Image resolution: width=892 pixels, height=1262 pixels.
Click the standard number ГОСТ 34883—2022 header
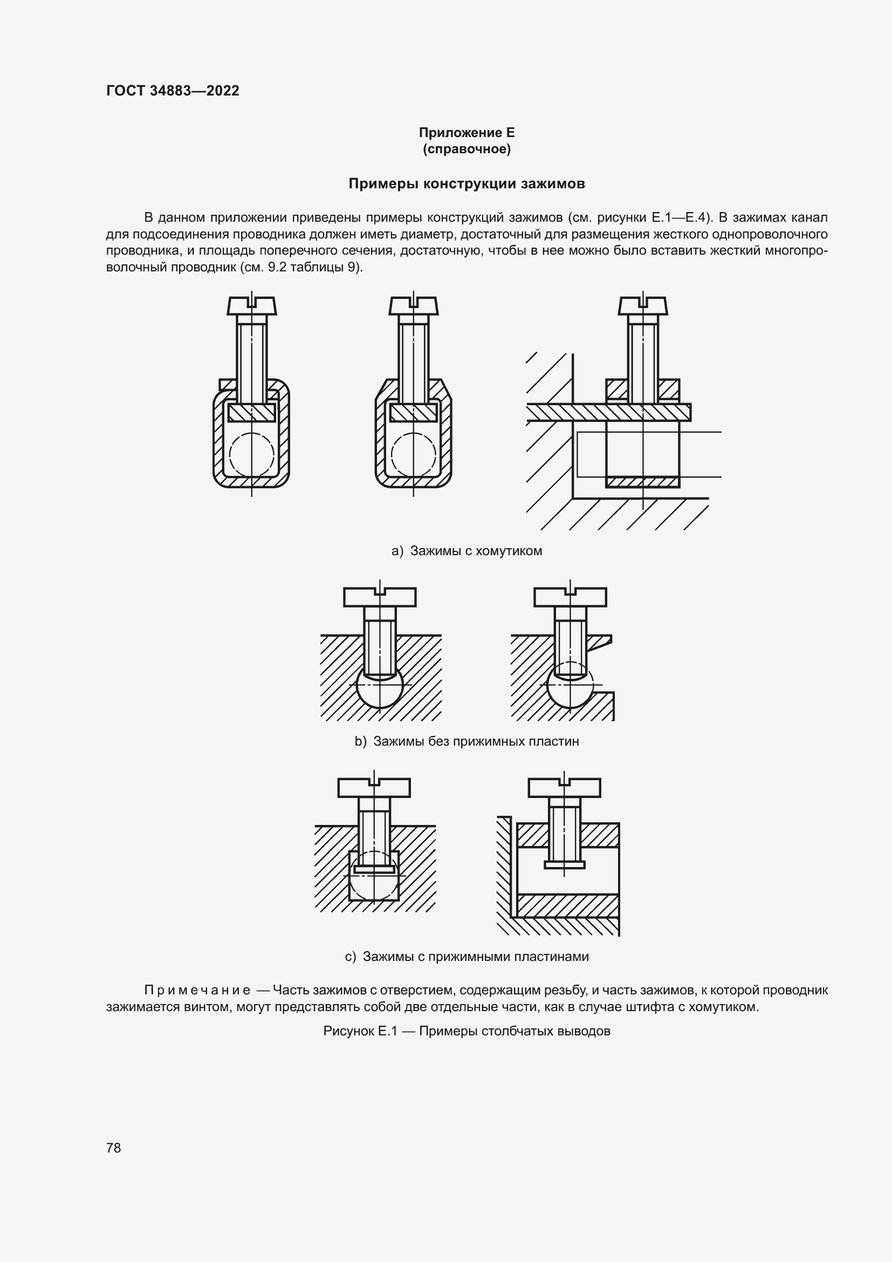(173, 91)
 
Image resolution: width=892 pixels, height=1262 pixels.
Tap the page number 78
(114, 1148)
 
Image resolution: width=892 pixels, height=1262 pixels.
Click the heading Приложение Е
(466, 133)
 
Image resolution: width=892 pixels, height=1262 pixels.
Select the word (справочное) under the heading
(466, 149)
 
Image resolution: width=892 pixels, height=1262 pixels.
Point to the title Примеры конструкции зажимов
(466, 183)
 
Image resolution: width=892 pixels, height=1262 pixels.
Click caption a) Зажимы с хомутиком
(466, 551)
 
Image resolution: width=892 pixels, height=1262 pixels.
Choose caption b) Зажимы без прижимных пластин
(466, 741)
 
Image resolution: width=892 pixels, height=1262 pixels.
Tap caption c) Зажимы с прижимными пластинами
(466, 957)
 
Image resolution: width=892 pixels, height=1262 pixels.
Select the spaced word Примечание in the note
(197, 991)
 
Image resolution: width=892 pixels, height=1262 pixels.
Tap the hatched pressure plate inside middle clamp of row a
(413, 412)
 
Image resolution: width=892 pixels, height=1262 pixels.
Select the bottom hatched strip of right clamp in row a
(643, 482)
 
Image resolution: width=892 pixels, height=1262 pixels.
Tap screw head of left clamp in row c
(374, 788)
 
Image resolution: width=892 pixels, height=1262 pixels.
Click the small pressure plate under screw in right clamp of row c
(564, 864)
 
